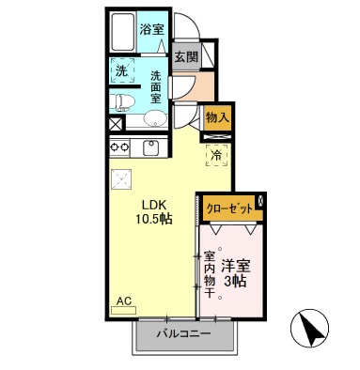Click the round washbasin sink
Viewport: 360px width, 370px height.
point(153,119)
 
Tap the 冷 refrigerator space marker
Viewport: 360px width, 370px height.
point(217,153)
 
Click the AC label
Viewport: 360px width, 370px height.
point(123,302)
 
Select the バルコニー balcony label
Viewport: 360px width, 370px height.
point(183,333)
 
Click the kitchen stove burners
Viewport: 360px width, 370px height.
point(120,147)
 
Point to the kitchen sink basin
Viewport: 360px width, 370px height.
point(150,147)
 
